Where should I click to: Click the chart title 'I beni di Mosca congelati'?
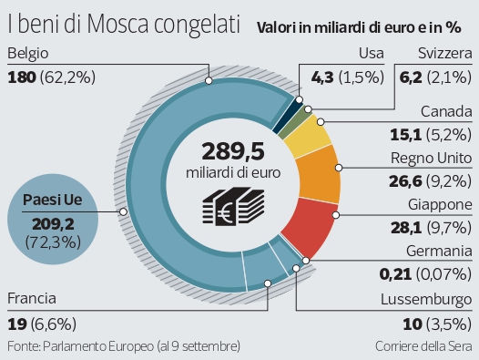[112, 21]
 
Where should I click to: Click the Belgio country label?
[28, 55]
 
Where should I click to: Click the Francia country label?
[31, 272]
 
